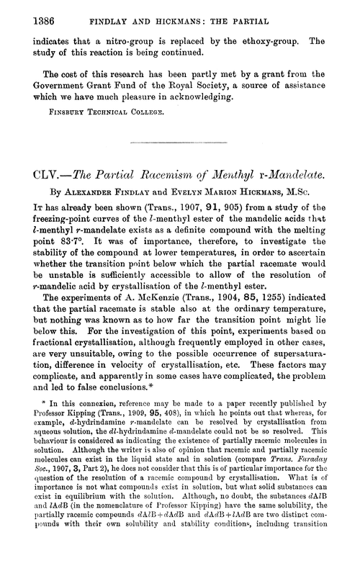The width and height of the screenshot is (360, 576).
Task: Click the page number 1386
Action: click(26, 14)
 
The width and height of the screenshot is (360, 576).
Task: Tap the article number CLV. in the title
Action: click(33, 175)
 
